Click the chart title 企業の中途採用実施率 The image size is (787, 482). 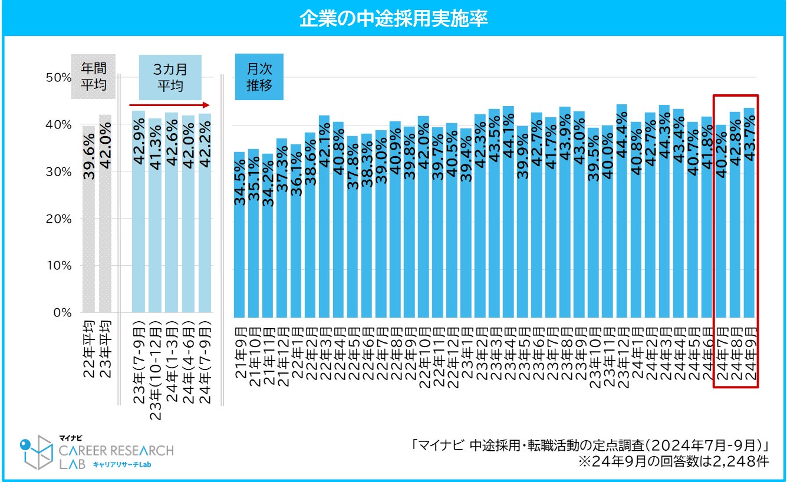coord(393,18)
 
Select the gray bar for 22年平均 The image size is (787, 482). coord(88,236)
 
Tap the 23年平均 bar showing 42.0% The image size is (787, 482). coord(105,236)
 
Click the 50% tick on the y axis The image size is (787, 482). coord(58,78)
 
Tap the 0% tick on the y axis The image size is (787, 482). coord(61,312)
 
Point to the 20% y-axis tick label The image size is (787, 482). coord(58,219)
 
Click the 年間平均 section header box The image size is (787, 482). coord(93,77)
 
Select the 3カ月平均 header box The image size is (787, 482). coord(170,77)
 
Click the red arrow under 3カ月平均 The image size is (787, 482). coord(170,105)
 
